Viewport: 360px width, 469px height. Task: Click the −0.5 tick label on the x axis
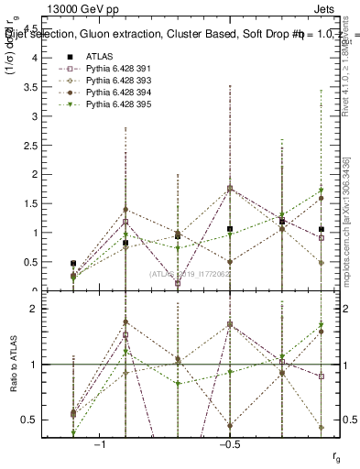point(229,442)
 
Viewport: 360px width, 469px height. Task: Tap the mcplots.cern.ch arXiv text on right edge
point(354,220)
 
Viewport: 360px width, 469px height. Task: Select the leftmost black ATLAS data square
point(73,264)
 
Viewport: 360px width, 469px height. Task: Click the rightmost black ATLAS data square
point(321,229)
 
